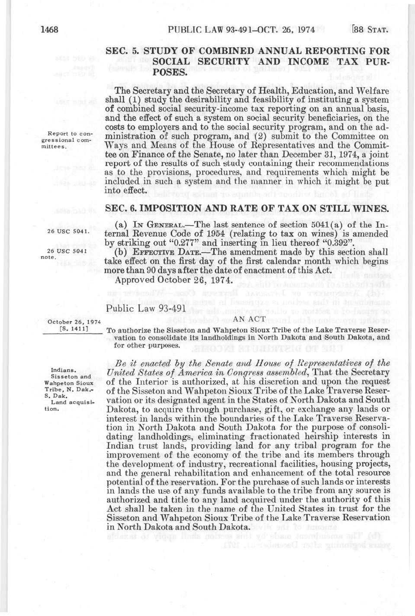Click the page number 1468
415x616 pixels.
click(x=49, y=30)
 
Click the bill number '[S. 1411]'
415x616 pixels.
click(x=74, y=329)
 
